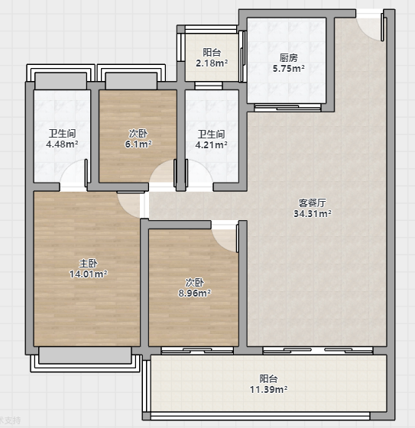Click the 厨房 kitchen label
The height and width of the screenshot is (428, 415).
289,58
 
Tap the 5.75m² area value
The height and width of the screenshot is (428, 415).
289,68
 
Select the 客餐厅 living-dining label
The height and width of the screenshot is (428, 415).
312,203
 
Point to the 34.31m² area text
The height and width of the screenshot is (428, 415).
313,213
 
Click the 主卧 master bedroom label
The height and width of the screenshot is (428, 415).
88,264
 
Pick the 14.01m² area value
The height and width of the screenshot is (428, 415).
88,274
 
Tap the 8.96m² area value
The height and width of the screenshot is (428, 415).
194,293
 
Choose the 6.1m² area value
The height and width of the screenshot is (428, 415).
138,144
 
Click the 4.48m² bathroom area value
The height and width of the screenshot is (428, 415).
62,144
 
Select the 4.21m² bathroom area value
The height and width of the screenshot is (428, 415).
211,144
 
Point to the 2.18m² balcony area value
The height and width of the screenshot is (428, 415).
212,63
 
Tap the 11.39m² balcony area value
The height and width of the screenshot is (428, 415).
269,389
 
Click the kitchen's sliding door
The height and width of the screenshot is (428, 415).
287,108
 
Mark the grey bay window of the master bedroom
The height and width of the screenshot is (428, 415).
85,355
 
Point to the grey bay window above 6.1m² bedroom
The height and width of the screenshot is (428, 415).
131,81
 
